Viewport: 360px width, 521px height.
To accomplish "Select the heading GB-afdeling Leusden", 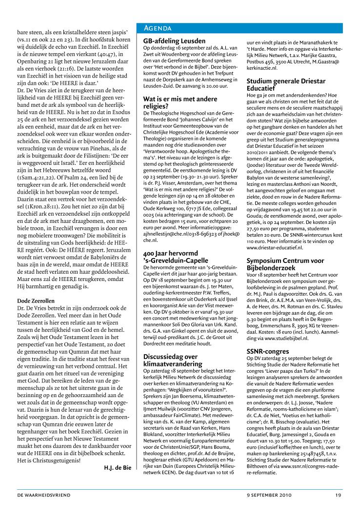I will point(174,41).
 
